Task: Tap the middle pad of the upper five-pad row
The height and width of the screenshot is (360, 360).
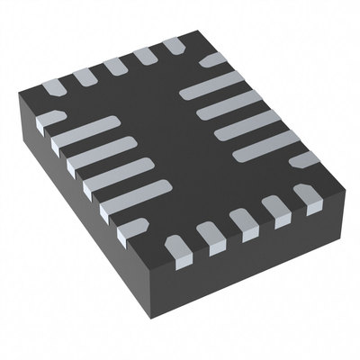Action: tap(115, 67)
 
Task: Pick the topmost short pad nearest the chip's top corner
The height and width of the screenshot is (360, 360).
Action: tap(175, 46)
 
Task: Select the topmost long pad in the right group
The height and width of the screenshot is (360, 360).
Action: tap(212, 86)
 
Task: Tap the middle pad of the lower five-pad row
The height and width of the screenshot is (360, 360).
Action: tap(240, 221)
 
